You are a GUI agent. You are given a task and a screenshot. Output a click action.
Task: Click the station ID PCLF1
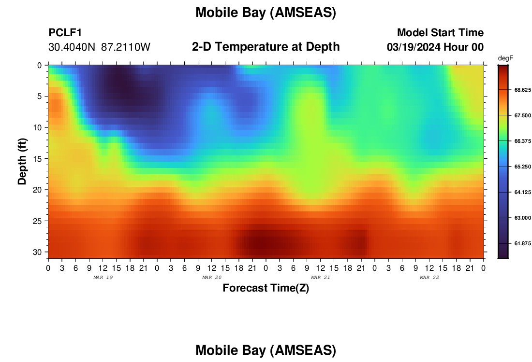[65, 32]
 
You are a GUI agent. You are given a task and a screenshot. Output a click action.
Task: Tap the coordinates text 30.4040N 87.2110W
[99, 47]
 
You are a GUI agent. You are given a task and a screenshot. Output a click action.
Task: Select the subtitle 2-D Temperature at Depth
[266, 47]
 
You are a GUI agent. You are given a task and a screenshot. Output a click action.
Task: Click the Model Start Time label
[441, 32]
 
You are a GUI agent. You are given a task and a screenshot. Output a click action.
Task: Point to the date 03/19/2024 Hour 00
[435, 47]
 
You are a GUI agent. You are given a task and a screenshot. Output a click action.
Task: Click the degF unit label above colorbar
[505, 58]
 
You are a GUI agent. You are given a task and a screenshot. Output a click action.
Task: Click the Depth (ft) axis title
[22, 162]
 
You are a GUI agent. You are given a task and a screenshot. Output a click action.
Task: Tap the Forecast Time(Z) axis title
[266, 288]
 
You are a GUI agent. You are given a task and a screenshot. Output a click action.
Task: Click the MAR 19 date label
[103, 278]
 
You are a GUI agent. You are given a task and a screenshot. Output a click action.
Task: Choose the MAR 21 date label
[321, 278]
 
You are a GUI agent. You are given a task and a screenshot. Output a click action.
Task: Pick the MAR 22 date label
[429, 278]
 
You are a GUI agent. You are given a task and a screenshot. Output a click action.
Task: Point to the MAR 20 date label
[212, 278]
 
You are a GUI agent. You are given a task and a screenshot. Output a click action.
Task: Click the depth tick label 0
[39, 65]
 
